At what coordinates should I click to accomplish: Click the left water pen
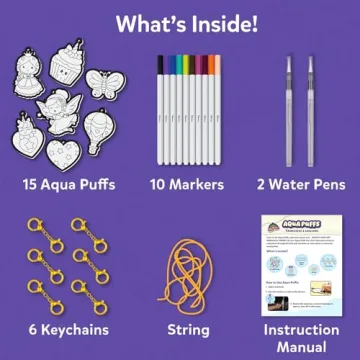(x=292, y=100)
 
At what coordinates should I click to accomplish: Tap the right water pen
(x=311, y=100)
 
